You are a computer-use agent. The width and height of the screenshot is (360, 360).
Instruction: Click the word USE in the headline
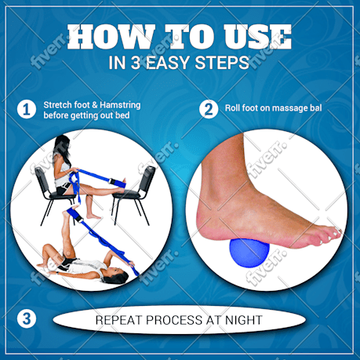tap(257, 37)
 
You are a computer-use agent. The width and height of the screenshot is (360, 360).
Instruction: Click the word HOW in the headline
tap(111, 37)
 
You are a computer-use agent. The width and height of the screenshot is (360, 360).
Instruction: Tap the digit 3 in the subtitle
tap(136, 63)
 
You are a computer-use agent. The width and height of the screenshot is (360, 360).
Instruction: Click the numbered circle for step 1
tap(27, 109)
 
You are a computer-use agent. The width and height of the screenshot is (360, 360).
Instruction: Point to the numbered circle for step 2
tap(209, 109)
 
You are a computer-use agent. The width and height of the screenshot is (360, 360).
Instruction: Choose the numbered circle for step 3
tap(27, 319)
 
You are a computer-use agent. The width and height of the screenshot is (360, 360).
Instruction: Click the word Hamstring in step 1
tap(120, 105)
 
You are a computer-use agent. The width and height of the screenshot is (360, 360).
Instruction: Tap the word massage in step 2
tap(284, 108)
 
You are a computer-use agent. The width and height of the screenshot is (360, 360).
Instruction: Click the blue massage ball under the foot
tap(249, 253)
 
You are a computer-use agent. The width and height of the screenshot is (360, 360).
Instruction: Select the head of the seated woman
tap(62, 147)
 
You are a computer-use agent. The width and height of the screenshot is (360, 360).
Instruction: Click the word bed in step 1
tap(122, 115)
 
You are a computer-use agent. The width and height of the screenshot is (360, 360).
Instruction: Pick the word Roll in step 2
tap(232, 108)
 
